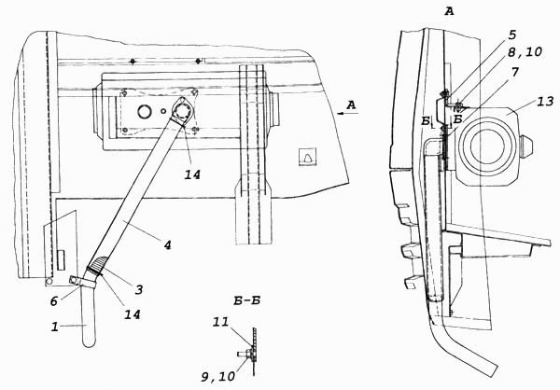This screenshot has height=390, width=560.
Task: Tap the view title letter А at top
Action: coord(449,11)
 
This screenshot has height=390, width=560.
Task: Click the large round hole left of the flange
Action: coord(145,111)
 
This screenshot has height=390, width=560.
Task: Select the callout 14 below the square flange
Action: coord(193,172)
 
